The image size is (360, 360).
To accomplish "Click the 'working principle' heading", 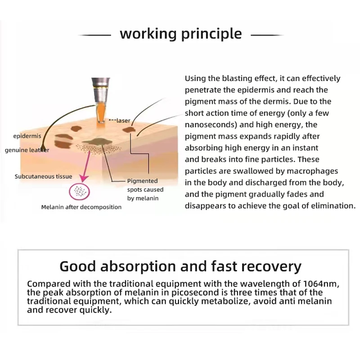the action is pos(181,34).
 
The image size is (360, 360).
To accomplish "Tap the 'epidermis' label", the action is pos(27,136).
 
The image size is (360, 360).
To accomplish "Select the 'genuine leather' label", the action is pos(27,150).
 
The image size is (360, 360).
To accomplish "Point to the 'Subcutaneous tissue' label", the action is pos(43,176).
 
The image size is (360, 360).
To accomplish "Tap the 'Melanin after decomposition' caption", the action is pos(81,207).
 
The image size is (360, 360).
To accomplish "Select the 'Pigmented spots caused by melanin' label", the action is pos(145,189).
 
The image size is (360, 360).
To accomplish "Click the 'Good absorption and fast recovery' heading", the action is pos(180,266).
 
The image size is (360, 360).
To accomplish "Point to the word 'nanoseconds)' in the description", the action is pos(211,125).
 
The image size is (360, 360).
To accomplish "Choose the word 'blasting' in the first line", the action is pos(237,78).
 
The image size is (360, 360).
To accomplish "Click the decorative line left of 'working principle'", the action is pos(94,35).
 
